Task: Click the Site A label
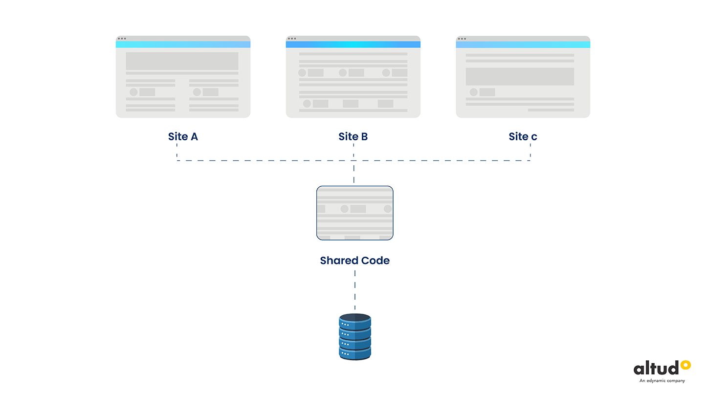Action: tap(183, 136)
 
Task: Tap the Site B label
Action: tap(353, 136)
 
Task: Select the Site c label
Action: tap(523, 136)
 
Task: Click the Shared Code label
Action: tap(355, 261)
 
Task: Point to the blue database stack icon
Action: tap(355, 337)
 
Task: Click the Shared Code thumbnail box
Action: tap(355, 213)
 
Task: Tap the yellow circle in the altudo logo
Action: tap(686, 364)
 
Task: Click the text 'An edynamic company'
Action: tap(662, 381)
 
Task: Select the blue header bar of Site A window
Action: tap(183, 44)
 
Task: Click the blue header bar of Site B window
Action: tap(353, 44)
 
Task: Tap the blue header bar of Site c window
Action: tap(523, 44)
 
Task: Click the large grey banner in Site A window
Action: tap(182, 61)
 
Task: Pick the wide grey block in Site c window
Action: tap(520, 77)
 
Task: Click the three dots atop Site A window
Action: tap(122, 39)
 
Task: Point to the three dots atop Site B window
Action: tap(292, 39)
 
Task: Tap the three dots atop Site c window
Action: tap(462, 39)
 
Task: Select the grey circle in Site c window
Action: tap(473, 92)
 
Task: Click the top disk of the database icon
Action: tap(355, 318)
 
